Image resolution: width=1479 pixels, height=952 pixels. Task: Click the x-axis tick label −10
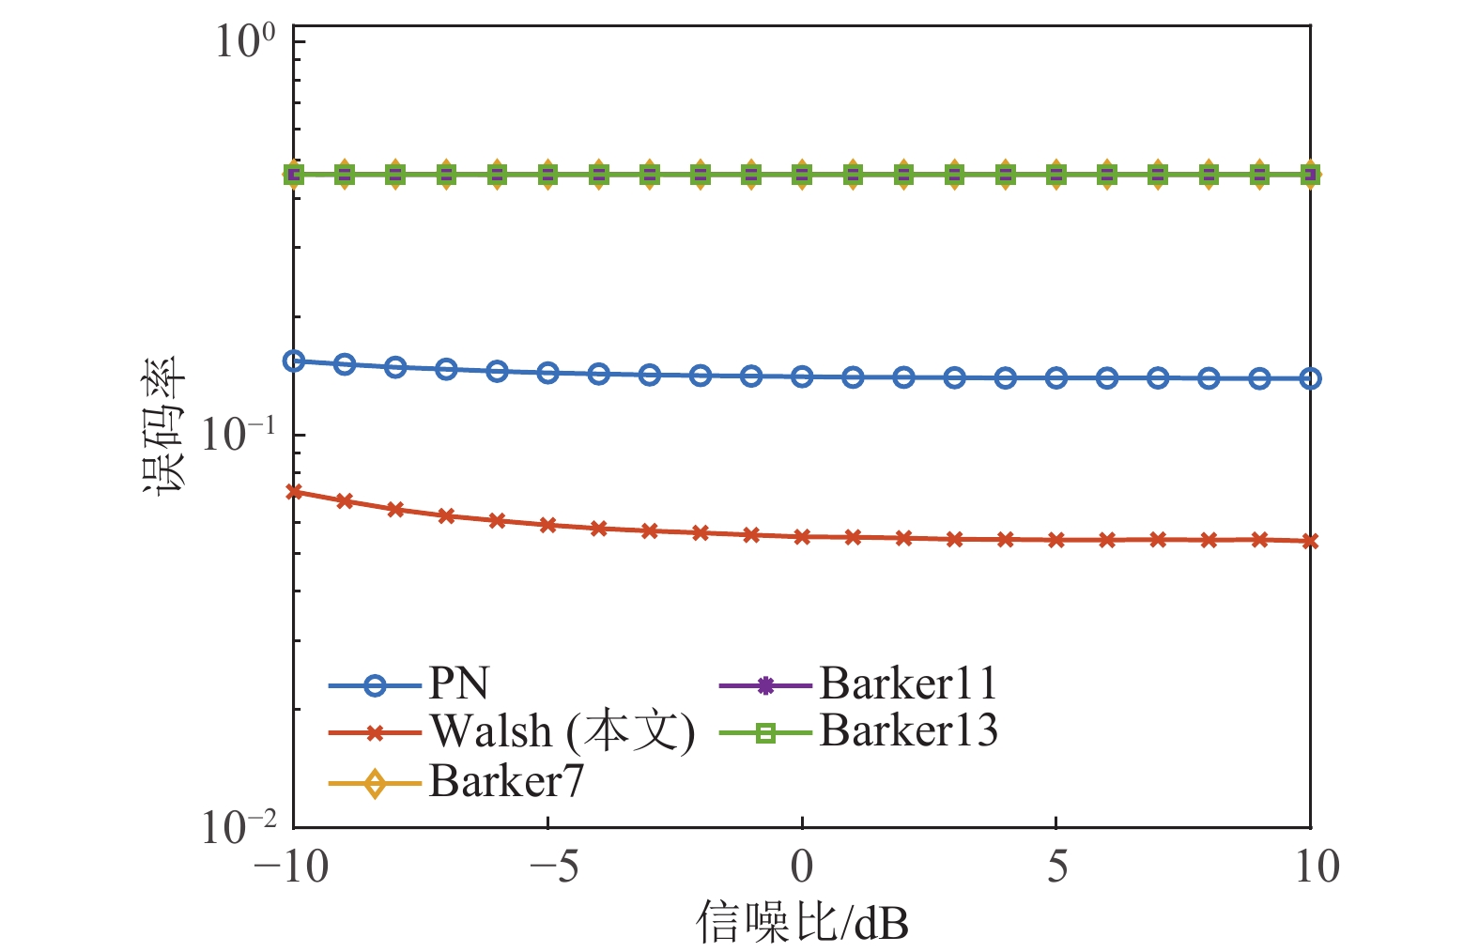coord(292,867)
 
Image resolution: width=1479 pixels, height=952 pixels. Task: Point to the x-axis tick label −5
coord(554,867)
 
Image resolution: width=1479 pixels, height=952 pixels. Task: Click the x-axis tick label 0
coord(802,867)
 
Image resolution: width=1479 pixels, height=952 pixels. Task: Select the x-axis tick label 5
coord(1057,867)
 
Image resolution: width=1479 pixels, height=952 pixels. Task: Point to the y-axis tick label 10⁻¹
coord(239,434)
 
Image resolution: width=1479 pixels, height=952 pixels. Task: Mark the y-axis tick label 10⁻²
coord(239,827)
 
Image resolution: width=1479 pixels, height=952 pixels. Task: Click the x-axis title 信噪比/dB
coord(802,923)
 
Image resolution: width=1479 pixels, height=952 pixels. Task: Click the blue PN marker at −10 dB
coord(294,361)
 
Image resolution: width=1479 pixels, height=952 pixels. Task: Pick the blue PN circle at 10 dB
coord(1310,378)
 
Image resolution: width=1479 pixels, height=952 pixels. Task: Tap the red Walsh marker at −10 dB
coord(294,491)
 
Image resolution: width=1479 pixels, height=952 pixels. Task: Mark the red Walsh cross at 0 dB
coord(802,537)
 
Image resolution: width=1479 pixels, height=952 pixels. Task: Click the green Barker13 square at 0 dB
coord(802,175)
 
